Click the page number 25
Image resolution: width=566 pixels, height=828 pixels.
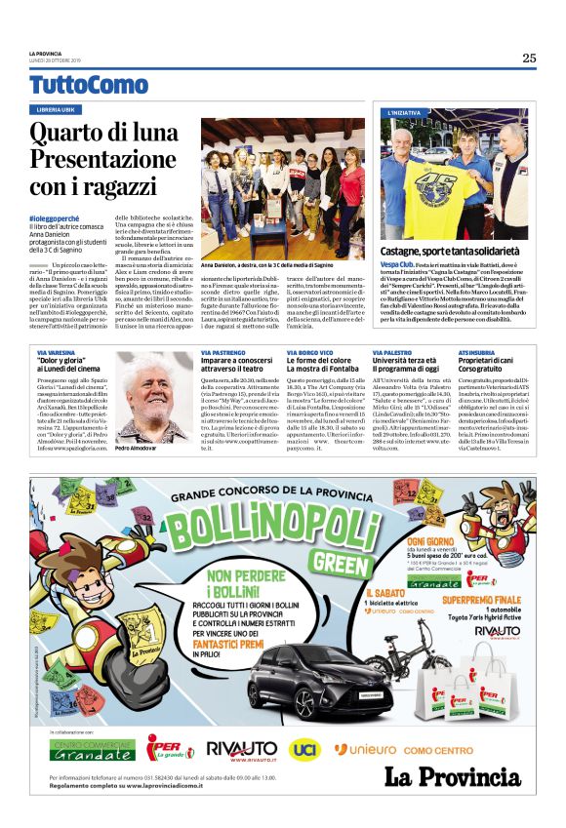[528, 58]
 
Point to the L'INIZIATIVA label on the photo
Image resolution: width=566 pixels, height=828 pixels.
[405, 113]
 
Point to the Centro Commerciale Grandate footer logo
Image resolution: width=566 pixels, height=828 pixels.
[94, 749]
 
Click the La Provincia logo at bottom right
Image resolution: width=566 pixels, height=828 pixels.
[452, 776]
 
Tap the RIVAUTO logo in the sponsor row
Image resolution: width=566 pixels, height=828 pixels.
[241, 749]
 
